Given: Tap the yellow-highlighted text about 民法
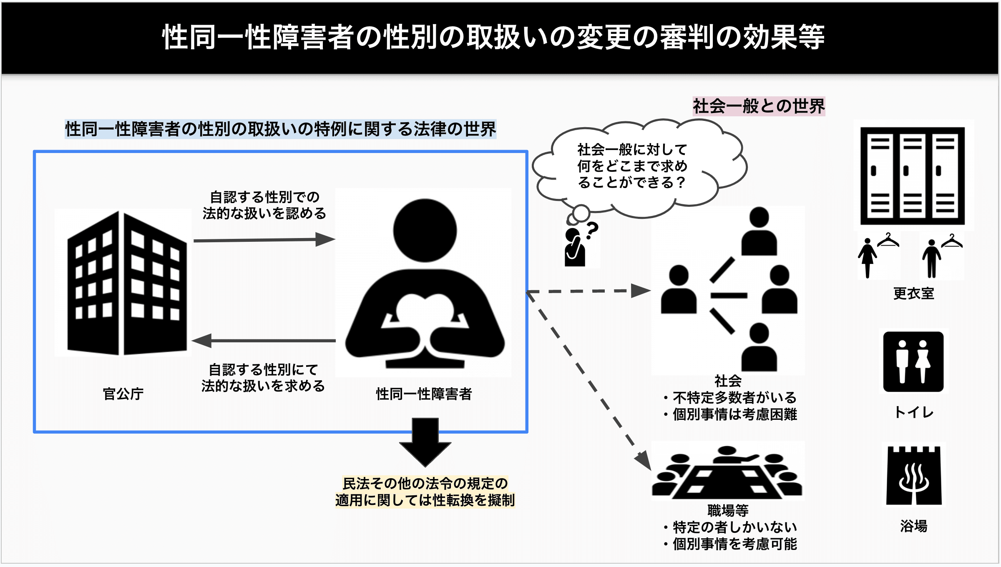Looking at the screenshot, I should click(425, 492).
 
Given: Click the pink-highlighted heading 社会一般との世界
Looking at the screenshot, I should click(759, 106).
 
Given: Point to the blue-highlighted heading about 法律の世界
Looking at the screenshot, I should click(280, 129).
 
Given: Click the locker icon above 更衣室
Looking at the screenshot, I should click(913, 175).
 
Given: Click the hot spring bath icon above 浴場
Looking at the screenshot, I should click(913, 475).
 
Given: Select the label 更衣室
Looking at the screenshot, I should click(913, 294).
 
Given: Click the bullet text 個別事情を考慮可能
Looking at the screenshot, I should click(734, 544).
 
